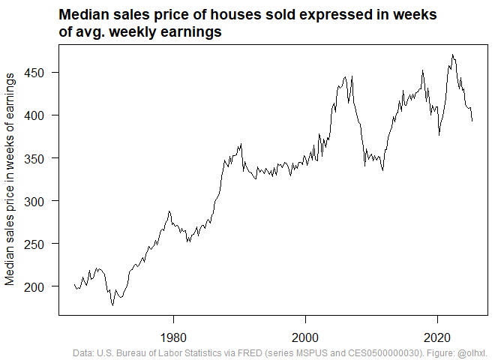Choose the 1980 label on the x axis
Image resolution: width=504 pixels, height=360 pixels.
tap(173, 337)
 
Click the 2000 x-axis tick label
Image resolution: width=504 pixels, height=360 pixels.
tap(305, 337)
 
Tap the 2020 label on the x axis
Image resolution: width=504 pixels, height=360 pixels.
tap(438, 337)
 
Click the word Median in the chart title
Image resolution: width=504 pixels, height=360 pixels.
tap(83, 16)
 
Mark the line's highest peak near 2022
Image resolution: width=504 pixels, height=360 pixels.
tap(453, 54)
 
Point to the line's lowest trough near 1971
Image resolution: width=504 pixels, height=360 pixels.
tap(112, 305)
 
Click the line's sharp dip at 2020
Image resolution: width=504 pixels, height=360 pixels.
tap(439, 135)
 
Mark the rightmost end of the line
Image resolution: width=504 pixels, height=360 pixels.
tap(472, 121)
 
